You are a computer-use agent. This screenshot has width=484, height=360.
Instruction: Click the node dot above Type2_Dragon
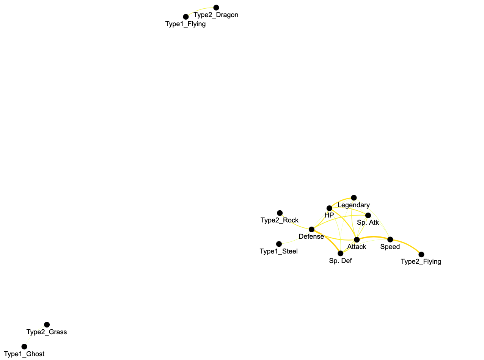[216, 8]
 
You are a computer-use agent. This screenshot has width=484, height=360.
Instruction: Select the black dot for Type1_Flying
[186, 17]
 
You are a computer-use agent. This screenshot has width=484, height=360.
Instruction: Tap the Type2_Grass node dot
[47, 325]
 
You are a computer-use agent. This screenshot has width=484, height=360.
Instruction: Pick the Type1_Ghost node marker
[24, 346]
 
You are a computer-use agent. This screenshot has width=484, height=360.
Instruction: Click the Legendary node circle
[354, 198]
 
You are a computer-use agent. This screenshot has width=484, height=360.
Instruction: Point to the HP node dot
[329, 208]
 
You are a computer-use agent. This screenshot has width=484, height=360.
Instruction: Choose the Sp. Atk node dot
[368, 216]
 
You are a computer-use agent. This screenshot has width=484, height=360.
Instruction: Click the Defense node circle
[311, 229]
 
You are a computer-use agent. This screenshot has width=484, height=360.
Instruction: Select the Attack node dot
[357, 239]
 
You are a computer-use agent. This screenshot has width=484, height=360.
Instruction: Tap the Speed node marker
[390, 239]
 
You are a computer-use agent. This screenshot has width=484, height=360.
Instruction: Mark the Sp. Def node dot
[340, 254]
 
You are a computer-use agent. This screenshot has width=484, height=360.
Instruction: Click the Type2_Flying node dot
[421, 255]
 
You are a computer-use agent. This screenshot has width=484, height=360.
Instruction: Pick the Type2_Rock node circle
[280, 213]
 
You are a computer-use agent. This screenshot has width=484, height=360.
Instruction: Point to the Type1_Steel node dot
[279, 244]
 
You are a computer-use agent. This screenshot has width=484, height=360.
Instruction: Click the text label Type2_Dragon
[216, 15]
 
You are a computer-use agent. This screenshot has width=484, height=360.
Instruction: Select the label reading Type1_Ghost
[24, 354]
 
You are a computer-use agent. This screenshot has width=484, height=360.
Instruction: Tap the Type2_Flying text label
[421, 261]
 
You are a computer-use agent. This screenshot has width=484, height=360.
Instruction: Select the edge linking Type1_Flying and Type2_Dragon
[199, 10]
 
